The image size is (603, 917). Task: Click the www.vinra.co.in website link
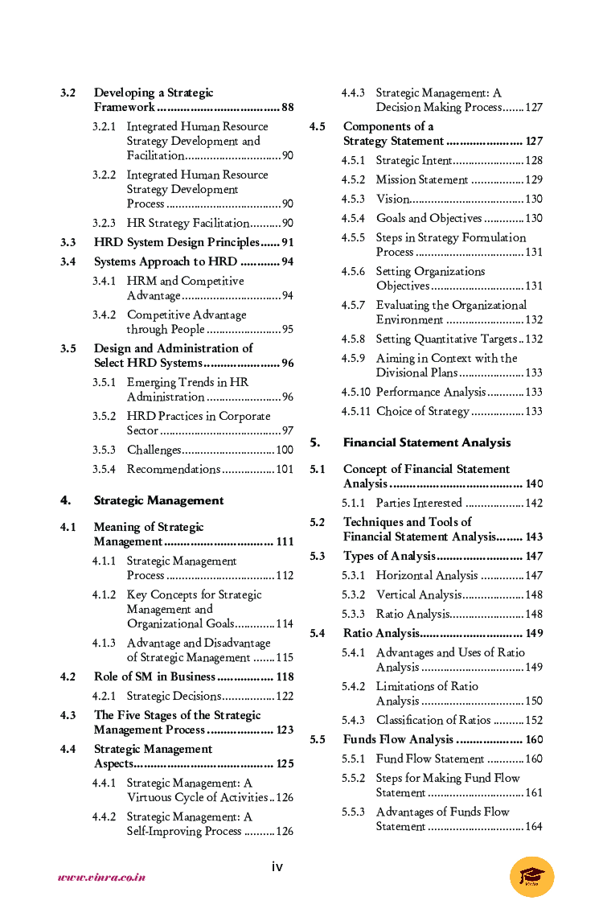[101, 878]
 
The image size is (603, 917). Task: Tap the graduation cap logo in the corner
[531, 877]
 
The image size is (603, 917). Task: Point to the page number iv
[277, 866]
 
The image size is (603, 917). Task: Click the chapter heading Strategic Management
[158, 500]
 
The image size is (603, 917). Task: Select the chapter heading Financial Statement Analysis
[426, 442]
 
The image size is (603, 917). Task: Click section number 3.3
[68, 242]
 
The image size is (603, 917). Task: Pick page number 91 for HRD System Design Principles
[287, 242]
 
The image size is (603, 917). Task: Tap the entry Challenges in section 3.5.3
[154, 450]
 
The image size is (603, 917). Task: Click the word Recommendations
[173, 469]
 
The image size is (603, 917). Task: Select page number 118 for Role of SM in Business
[285, 676]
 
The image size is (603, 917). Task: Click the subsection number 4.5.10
[355, 392]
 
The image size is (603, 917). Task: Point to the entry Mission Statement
[421, 179]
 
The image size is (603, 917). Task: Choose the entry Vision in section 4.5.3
[392, 199]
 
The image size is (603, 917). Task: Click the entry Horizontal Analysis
[426, 575]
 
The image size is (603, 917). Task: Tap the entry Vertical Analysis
[418, 594]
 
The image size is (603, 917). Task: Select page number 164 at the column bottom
[534, 826]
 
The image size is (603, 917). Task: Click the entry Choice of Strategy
[422, 411]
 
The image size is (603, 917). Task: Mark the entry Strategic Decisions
[173, 696]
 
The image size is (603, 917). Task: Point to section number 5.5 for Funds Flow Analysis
[318, 739]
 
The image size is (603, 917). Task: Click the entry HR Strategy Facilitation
[187, 223]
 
